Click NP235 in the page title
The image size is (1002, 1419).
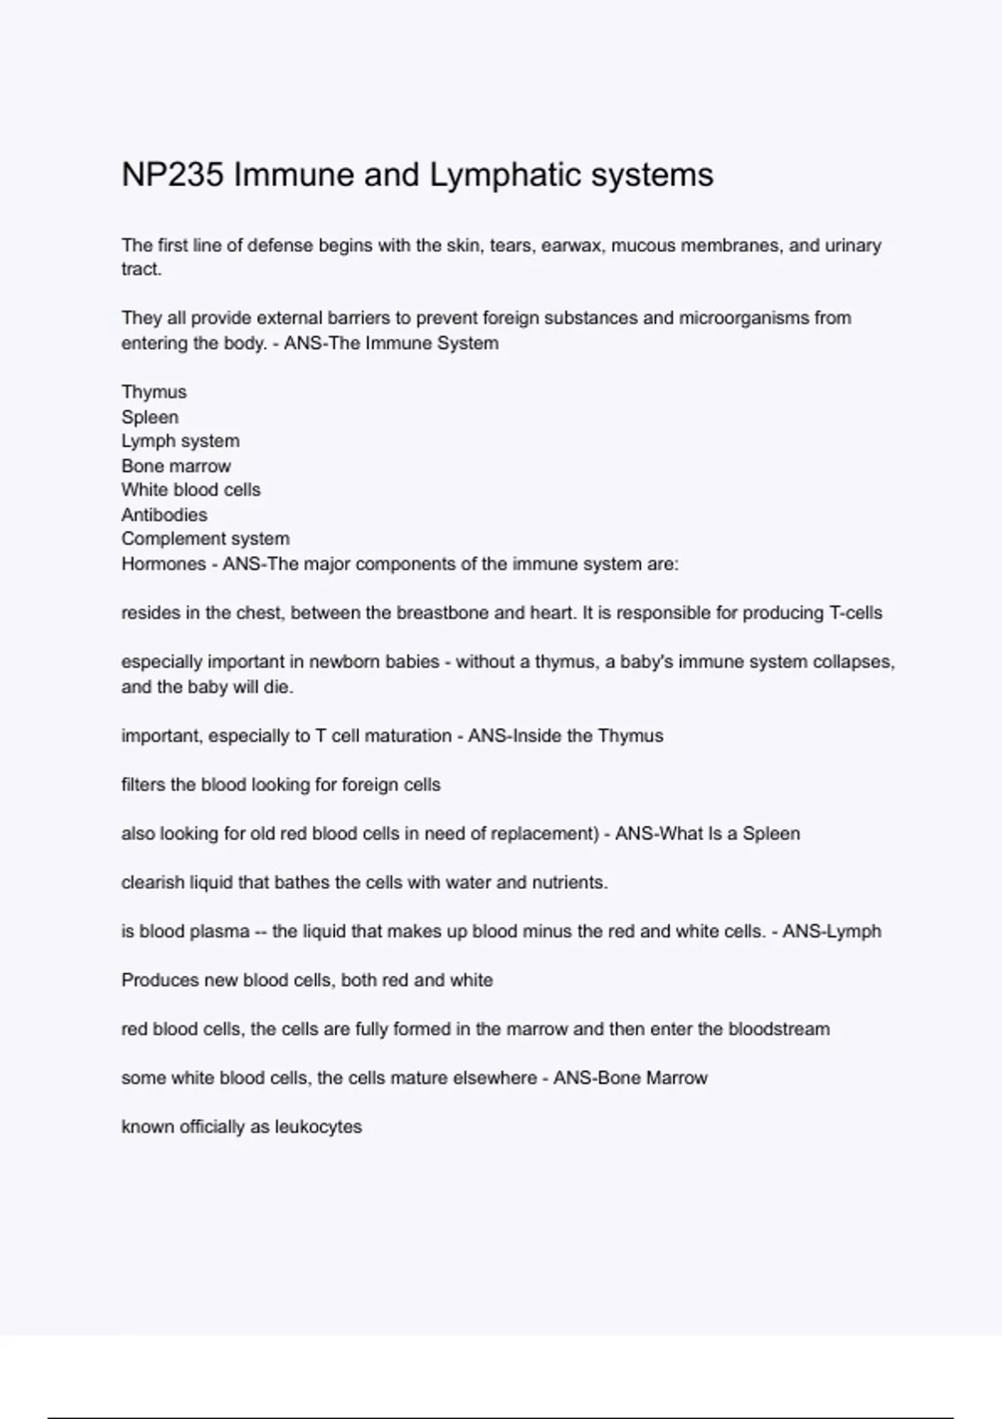[173, 175]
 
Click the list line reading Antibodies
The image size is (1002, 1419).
[164, 515]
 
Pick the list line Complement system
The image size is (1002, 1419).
[205, 539]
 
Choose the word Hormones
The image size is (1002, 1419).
[164, 564]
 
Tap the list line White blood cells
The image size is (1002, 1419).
[191, 490]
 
